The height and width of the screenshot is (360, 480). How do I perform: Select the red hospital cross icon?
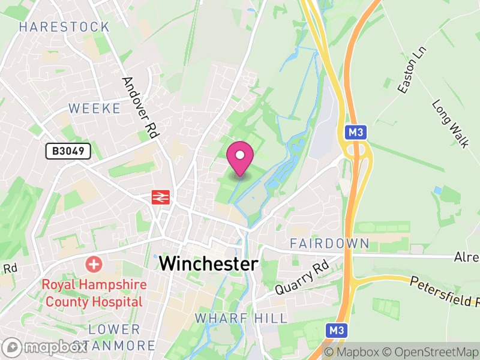point(93,263)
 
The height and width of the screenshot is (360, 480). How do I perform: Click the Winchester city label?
point(209,263)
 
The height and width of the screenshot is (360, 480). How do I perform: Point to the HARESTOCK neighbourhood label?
point(64,27)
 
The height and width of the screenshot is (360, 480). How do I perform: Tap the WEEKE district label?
point(95,109)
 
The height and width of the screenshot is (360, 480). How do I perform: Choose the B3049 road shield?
point(68,151)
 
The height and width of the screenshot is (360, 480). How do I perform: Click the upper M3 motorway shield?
point(355,132)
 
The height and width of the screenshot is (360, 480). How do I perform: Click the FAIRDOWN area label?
point(329,244)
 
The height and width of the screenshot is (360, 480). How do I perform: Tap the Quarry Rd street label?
point(303,277)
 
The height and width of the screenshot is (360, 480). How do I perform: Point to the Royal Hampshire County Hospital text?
point(92,293)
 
